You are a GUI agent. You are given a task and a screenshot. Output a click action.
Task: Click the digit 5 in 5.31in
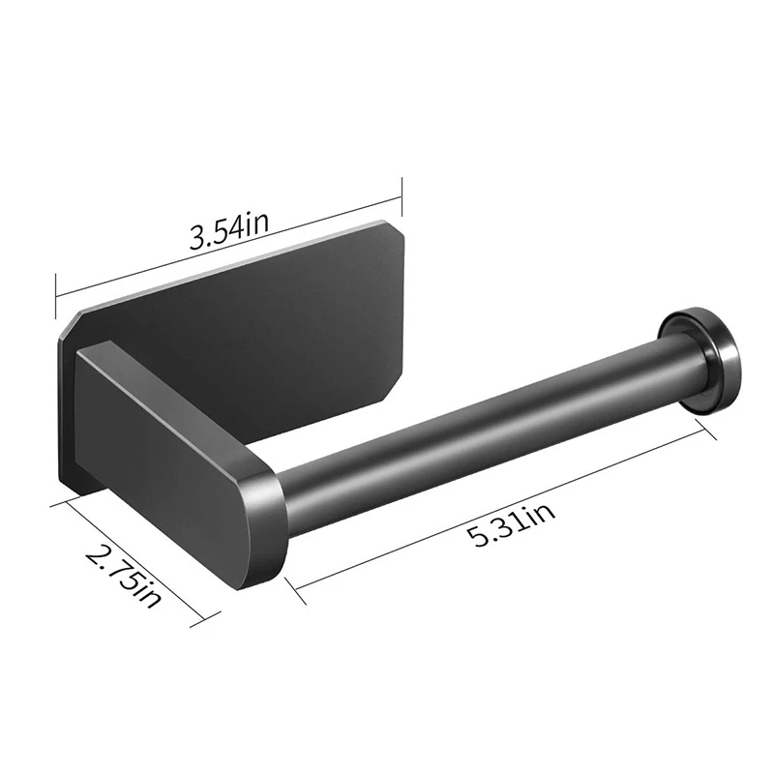point(478,540)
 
